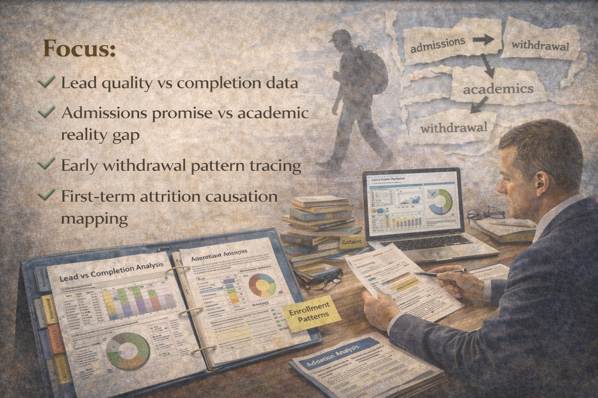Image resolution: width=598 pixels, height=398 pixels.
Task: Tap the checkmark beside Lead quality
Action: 46,82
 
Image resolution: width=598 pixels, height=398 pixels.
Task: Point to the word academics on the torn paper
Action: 498,89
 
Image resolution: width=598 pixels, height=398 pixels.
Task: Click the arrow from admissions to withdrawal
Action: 483,40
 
